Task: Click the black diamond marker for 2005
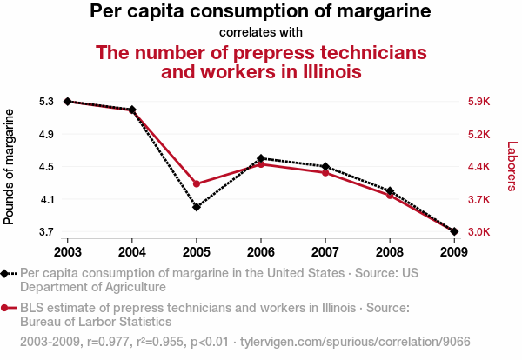(197, 207)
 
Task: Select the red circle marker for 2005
(197, 184)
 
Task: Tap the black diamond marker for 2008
(390, 190)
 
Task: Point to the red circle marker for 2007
(325, 173)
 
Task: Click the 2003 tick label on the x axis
(67, 251)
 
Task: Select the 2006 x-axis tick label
(261, 251)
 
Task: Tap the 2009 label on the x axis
(454, 251)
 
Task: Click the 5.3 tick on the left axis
(46, 102)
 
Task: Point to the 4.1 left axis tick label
(46, 199)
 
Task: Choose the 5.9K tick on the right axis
(479, 102)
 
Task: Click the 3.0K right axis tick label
(479, 232)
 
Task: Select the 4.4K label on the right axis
(479, 167)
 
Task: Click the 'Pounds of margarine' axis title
(10, 167)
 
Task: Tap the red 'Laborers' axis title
(512, 167)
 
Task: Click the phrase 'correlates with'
(261, 33)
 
